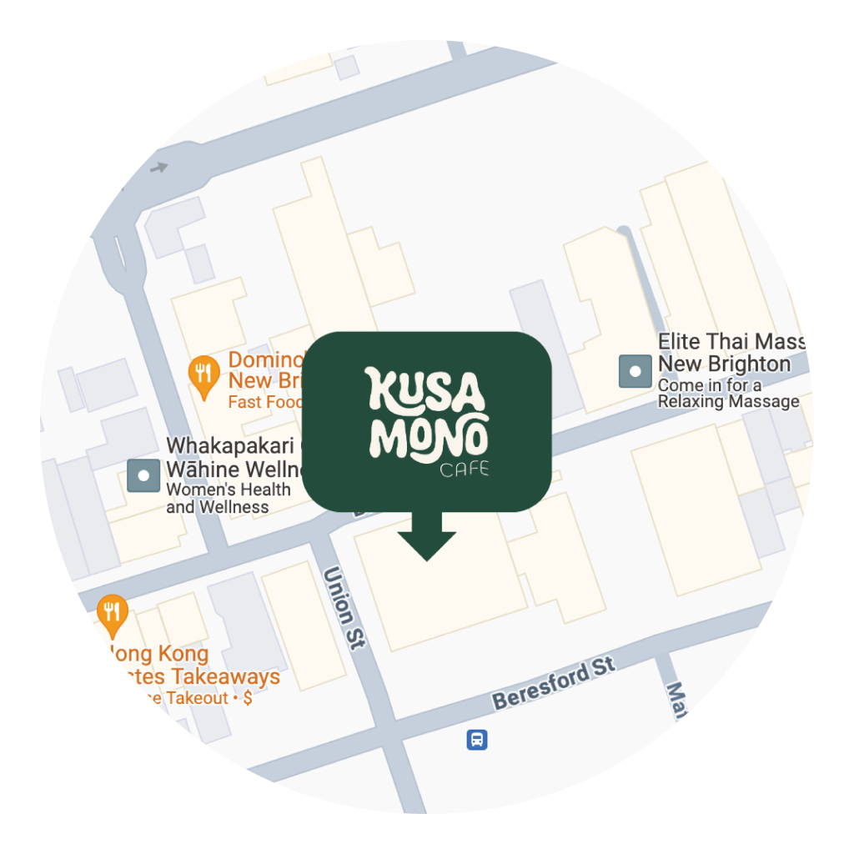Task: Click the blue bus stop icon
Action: coord(476,739)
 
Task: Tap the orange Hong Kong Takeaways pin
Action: coord(111,613)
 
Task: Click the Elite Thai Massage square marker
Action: coord(635,371)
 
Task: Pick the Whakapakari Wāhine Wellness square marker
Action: coord(143,475)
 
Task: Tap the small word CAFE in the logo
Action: coord(464,471)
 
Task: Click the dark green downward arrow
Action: coord(426,542)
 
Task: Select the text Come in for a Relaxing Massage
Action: coord(727,394)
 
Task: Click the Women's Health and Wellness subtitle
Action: coord(228,498)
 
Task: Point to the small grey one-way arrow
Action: coord(158,168)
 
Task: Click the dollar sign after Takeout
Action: coord(247,698)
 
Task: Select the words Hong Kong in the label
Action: coord(158,653)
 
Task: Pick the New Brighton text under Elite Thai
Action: coord(724,364)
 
